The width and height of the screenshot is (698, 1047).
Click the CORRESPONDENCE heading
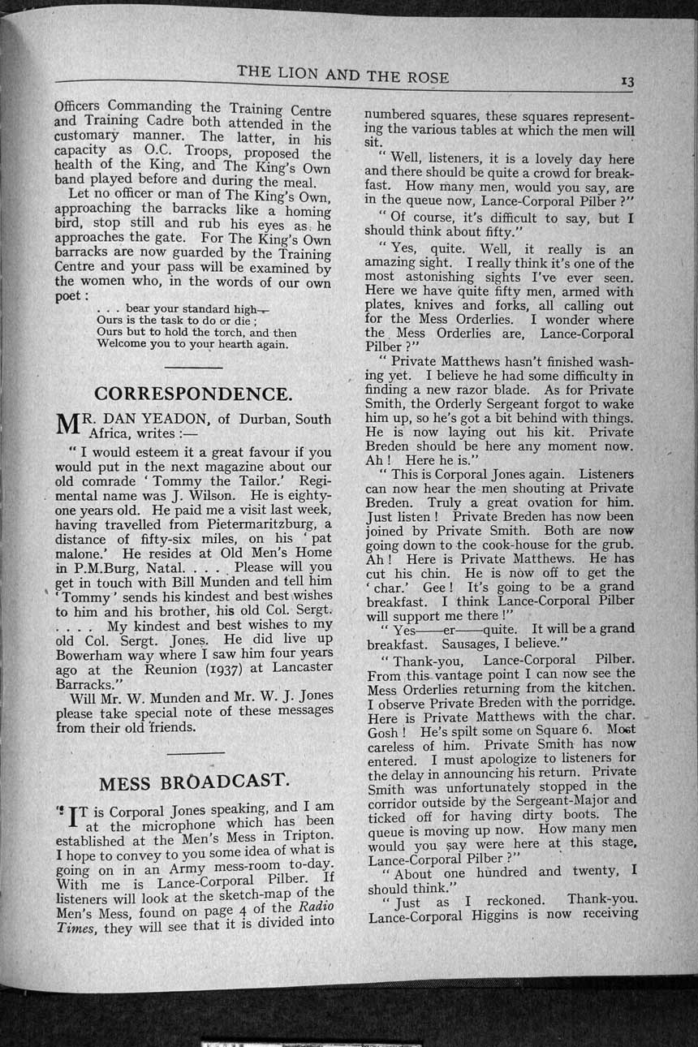pos(193,394)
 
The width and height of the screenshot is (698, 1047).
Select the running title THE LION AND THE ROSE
pos(343,75)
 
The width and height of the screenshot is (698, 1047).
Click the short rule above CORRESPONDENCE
pos(193,368)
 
